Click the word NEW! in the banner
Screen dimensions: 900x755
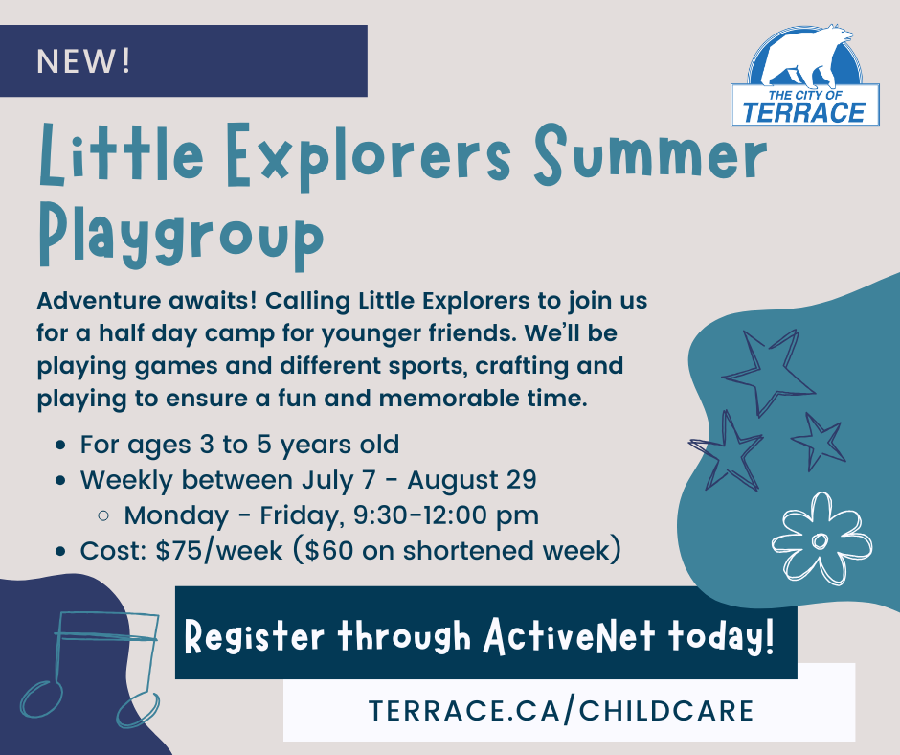tap(84, 61)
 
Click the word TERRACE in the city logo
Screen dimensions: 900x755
tap(804, 112)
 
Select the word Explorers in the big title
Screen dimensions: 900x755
tap(368, 156)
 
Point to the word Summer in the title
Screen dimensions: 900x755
tap(651, 154)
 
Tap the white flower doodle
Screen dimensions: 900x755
tap(821, 538)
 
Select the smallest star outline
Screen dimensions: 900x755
tap(818, 440)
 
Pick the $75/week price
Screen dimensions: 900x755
tap(218, 551)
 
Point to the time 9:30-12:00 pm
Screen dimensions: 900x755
tap(446, 515)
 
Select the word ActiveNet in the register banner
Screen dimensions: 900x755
tap(569, 636)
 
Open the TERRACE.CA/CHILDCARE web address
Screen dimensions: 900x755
tap(561, 710)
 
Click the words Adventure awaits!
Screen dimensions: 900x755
tap(146, 301)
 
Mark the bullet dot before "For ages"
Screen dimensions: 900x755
tap(60, 446)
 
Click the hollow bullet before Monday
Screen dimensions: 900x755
tap(103, 516)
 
